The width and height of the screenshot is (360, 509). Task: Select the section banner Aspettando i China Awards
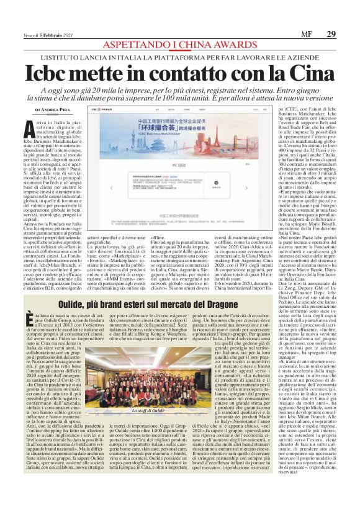tap(179, 45)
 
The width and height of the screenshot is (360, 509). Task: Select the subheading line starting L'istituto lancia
tap(179, 56)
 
